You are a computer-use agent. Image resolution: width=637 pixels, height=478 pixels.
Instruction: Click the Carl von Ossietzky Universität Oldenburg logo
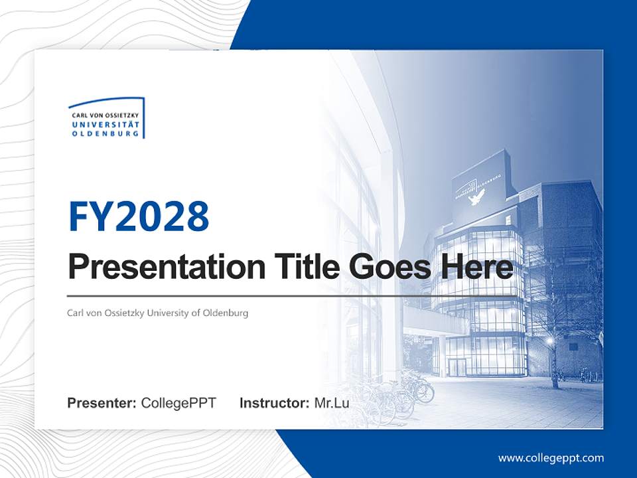coord(106,119)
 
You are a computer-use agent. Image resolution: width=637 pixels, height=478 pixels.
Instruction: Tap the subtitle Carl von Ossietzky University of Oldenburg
coord(157,313)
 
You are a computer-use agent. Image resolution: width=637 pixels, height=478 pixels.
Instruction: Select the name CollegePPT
coord(178,403)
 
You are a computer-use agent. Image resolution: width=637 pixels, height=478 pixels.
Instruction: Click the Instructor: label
coord(274,403)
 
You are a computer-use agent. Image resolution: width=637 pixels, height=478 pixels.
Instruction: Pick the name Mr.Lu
coord(332,403)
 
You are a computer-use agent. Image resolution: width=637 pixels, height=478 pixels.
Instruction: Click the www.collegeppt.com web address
coord(551,458)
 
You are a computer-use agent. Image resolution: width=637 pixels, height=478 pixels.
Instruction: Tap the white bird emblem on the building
coord(476,196)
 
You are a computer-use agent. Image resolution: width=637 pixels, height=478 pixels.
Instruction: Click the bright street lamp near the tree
coord(550,341)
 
